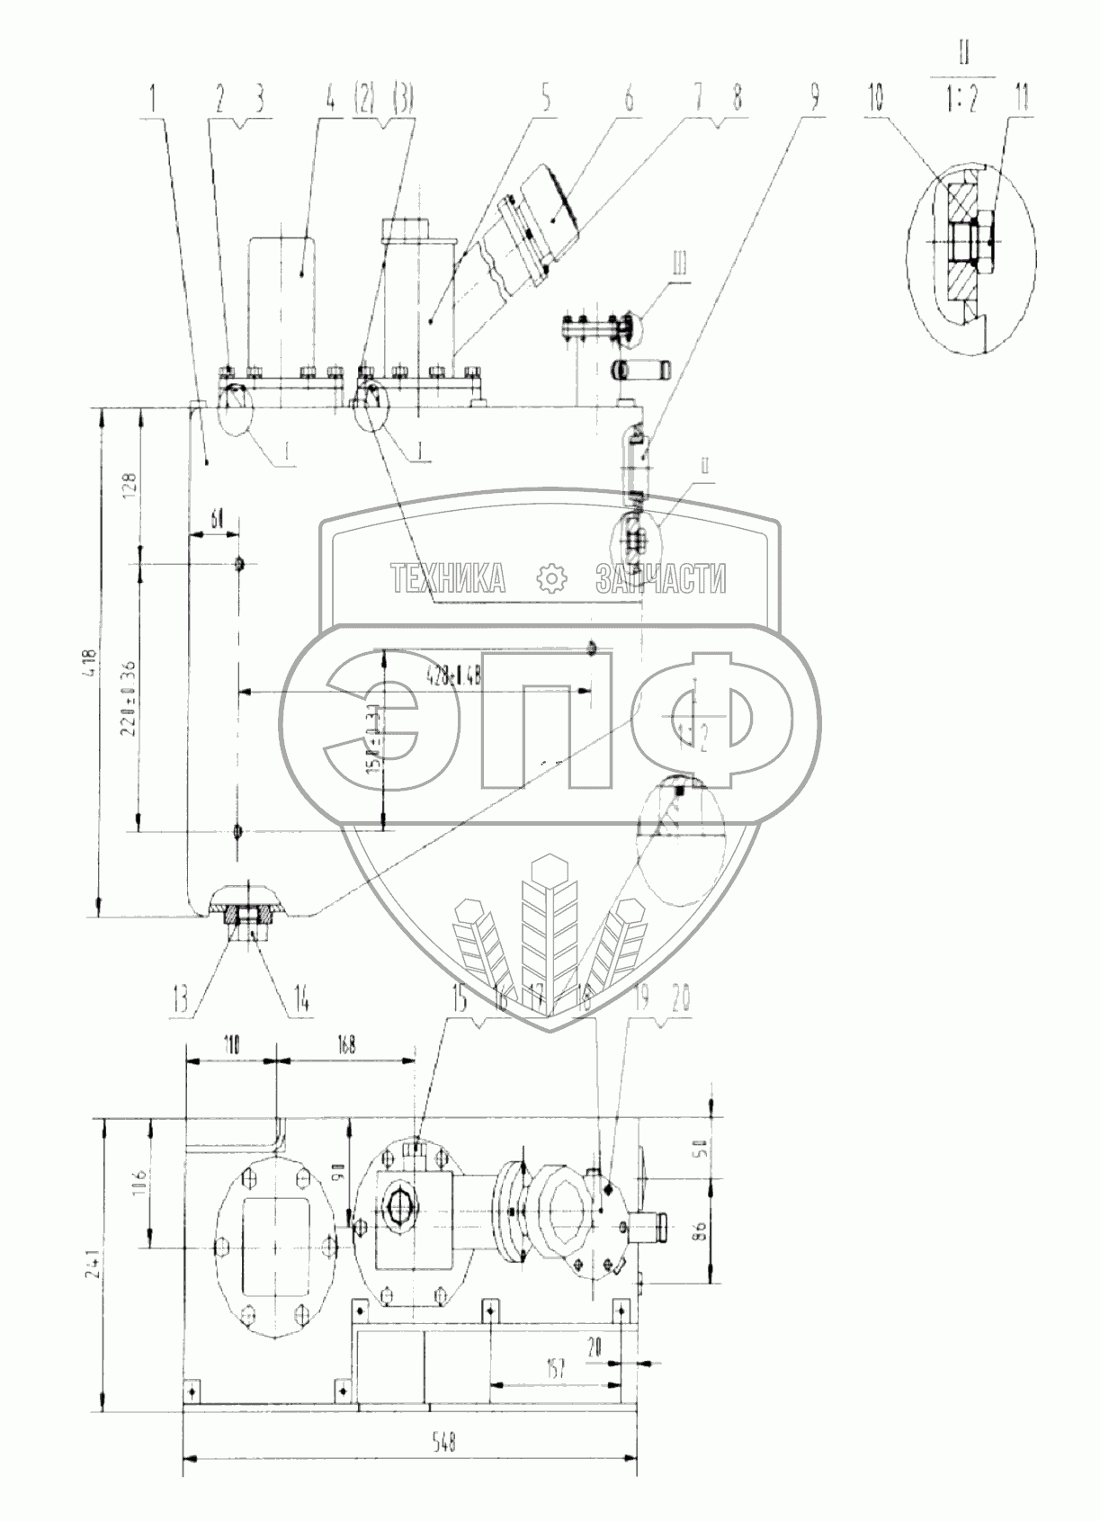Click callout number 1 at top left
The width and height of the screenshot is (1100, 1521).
pos(153,100)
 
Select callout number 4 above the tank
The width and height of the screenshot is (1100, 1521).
pos(330,100)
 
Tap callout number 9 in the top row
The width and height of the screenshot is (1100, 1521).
pos(815,100)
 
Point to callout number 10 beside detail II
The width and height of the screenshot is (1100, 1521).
pos(876,100)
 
